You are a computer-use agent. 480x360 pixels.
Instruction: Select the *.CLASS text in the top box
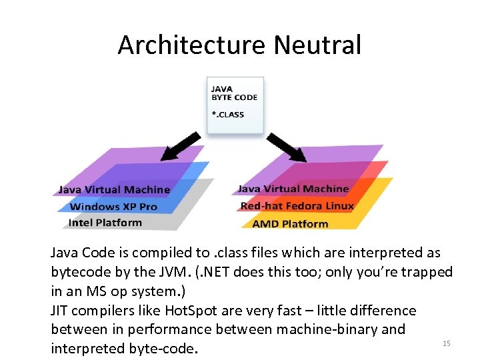point(228,114)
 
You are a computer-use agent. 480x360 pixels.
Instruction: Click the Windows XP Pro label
point(113,206)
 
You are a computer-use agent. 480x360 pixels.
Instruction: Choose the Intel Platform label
point(105,223)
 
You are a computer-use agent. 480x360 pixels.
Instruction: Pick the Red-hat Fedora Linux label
point(297,205)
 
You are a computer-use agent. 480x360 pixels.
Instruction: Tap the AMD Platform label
point(290,223)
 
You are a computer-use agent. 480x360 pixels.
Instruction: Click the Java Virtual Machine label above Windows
point(114,190)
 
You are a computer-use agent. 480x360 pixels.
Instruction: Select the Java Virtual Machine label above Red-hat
point(293,189)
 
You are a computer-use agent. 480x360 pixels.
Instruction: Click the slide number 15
point(447,343)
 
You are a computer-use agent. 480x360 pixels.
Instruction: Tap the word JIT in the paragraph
point(61,311)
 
